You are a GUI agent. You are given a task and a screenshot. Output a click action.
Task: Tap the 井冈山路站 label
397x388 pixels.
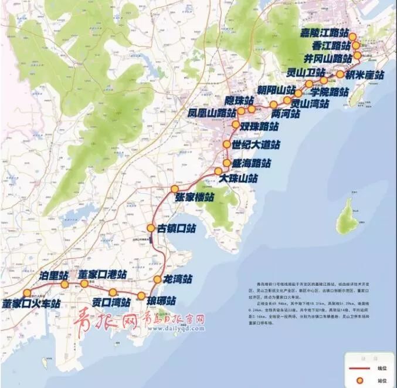[328, 58]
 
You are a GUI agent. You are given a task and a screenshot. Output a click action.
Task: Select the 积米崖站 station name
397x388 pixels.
[364, 75]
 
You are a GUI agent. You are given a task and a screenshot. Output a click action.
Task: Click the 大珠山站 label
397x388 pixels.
[238, 177]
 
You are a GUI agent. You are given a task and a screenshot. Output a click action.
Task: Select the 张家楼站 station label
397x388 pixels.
[194, 198]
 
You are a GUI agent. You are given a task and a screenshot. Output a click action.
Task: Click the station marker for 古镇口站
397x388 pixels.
[151, 228]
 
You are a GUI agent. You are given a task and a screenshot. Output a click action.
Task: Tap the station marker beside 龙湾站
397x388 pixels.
[157, 279]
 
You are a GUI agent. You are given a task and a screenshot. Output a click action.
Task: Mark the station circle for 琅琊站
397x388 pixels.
[141, 295]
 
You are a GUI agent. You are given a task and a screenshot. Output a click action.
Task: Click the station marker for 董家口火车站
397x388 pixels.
[27, 293]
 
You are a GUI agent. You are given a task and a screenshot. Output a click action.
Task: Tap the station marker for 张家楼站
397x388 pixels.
[174, 188]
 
